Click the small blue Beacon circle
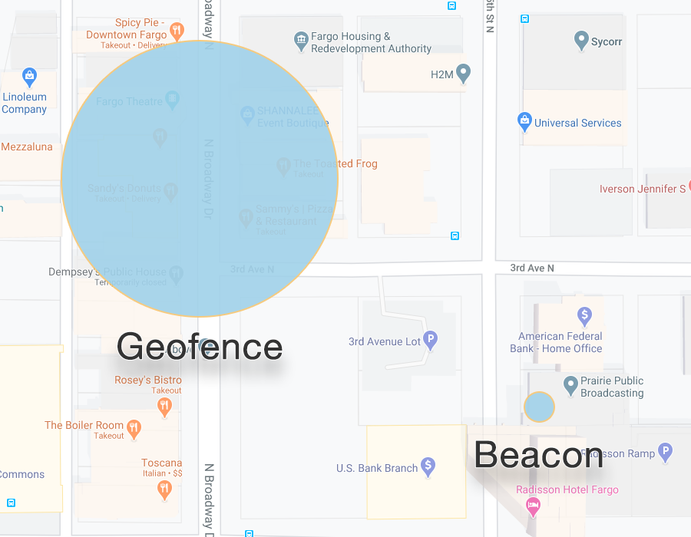(539, 407)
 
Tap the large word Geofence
(200, 347)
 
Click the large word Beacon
(538, 455)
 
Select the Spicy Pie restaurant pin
(177, 31)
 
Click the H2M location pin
(463, 74)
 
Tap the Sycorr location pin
(581, 40)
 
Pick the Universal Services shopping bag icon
(524, 121)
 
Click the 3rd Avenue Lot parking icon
(431, 340)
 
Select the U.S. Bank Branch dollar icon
(428, 466)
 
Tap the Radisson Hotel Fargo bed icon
(532, 506)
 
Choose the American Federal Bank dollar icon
(584, 315)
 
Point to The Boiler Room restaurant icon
(134, 428)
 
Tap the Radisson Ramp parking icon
(666, 452)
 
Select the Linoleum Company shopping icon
(29, 76)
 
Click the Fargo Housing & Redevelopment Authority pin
(301, 38)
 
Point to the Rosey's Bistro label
(148, 380)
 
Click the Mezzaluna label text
(27, 147)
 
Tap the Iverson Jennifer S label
(643, 189)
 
